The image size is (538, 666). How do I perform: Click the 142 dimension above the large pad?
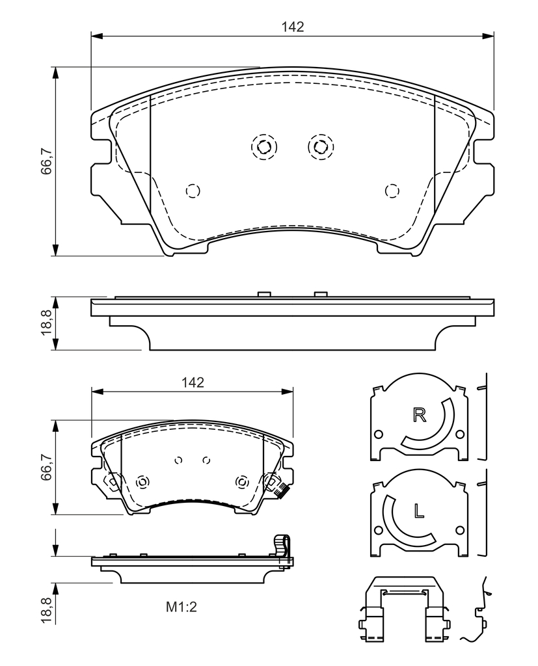pyautogui.click(x=293, y=27)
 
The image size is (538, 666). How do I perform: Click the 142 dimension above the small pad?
pyautogui.click(x=193, y=382)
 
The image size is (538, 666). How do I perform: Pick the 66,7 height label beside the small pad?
pyautogui.click(x=46, y=467)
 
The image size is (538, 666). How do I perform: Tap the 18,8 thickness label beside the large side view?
pyautogui.click(x=46, y=323)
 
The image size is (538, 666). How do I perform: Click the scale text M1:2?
pyautogui.click(x=182, y=607)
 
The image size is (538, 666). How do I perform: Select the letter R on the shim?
pyautogui.click(x=420, y=414)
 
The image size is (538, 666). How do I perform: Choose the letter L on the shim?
pyautogui.click(x=420, y=511)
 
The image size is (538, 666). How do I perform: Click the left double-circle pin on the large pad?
pyautogui.click(x=264, y=147)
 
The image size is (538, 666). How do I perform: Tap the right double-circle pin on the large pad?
pyautogui.click(x=321, y=147)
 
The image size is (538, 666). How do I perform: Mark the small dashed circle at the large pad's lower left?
pyautogui.click(x=193, y=191)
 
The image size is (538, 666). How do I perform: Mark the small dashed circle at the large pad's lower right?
pyautogui.click(x=392, y=191)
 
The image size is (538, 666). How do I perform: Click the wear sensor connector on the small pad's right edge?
pyautogui.click(x=281, y=492)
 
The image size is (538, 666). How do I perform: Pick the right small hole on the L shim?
pyautogui.click(x=460, y=530)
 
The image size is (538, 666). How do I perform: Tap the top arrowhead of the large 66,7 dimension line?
pyautogui.click(x=55, y=73)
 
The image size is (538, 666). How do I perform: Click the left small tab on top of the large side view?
pyautogui.click(x=264, y=295)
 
